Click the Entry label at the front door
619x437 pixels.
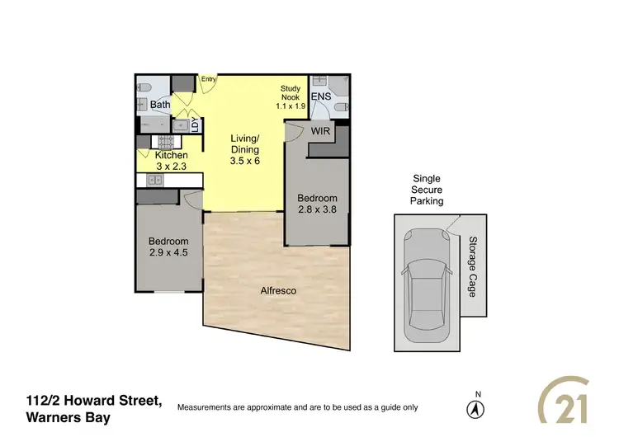point(208,80)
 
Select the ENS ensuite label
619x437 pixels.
point(321,97)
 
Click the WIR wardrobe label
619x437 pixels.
point(321,130)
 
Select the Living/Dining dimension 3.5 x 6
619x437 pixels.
point(245,162)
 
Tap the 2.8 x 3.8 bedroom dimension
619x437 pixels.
point(317,209)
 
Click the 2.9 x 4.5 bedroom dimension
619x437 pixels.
point(168,252)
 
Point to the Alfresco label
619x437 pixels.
point(278,291)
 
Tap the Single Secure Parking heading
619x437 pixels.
point(427,190)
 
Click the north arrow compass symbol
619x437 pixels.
point(475,407)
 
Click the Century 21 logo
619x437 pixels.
point(574,406)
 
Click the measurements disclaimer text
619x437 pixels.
point(298,407)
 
